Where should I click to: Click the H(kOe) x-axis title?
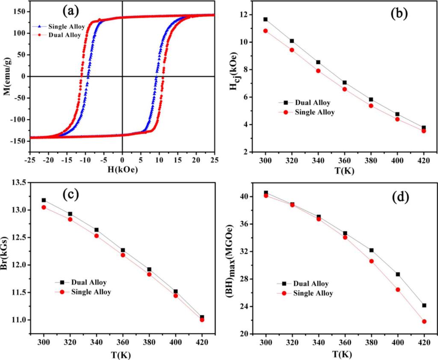pyautogui.click(x=122, y=169)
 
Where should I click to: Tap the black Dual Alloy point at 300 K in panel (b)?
pyautogui.click(x=266, y=19)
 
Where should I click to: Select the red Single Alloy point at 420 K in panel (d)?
pyautogui.click(x=424, y=322)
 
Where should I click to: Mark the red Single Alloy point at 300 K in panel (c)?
pyautogui.click(x=44, y=207)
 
